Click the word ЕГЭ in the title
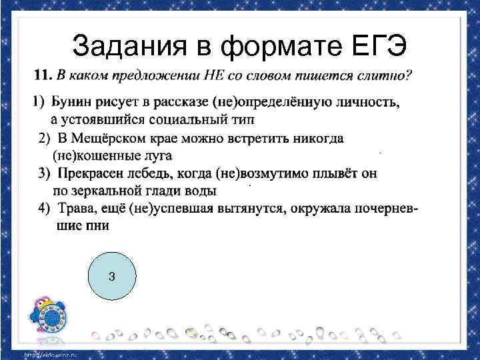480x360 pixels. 381,45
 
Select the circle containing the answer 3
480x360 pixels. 112,275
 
